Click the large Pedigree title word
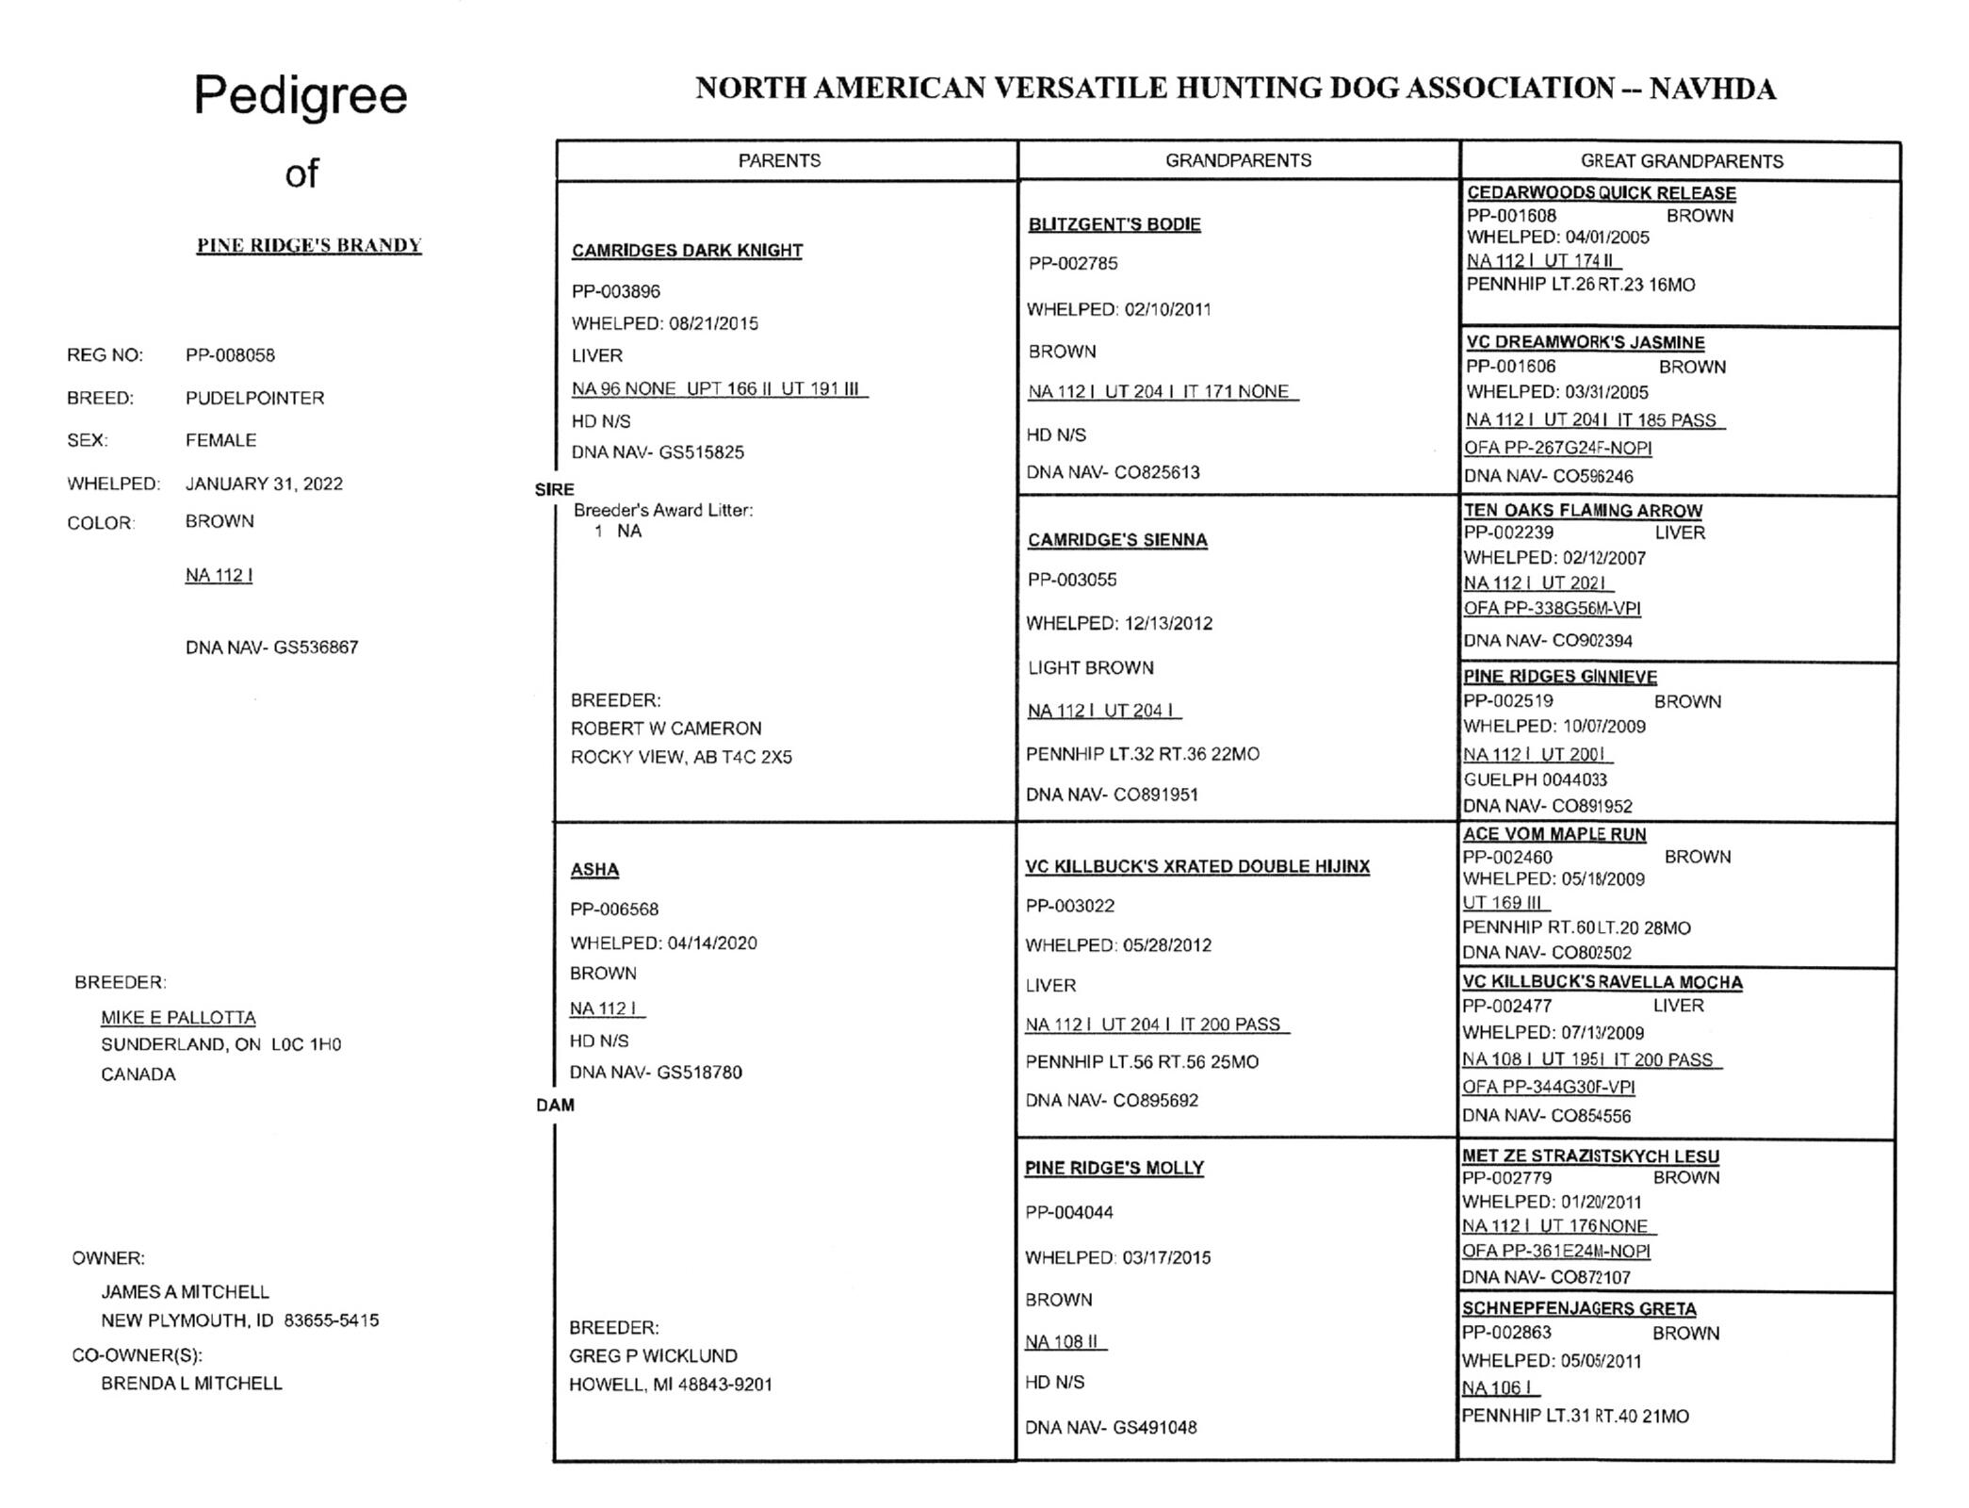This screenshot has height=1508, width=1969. [301, 95]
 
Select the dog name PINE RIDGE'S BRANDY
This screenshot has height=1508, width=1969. [309, 245]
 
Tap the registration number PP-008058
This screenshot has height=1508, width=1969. [230, 355]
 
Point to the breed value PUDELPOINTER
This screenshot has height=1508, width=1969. [254, 398]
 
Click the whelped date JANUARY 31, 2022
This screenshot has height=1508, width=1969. [264, 484]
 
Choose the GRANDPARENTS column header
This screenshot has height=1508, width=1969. [1238, 160]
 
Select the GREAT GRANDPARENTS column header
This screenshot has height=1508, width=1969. [1682, 161]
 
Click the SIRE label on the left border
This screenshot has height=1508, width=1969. [554, 489]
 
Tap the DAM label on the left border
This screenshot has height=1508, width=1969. [555, 1105]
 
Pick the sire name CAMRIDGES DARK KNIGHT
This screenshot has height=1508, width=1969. [687, 251]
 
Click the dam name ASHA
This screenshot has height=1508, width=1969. [594, 869]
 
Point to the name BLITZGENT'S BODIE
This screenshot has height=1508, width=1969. [1115, 224]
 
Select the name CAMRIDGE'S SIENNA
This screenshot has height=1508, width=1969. [1117, 540]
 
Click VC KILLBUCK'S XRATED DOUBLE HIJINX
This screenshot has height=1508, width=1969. [1197, 866]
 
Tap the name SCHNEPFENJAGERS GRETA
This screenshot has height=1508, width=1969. [1579, 1308]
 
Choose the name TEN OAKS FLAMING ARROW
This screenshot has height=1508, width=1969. [1583, 510]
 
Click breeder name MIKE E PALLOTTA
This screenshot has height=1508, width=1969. [178, 1017]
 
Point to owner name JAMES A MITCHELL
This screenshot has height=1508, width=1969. [185, 1291]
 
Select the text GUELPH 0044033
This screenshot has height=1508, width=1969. [1535, 779]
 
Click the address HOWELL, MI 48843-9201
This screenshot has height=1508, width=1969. [670, 1385]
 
